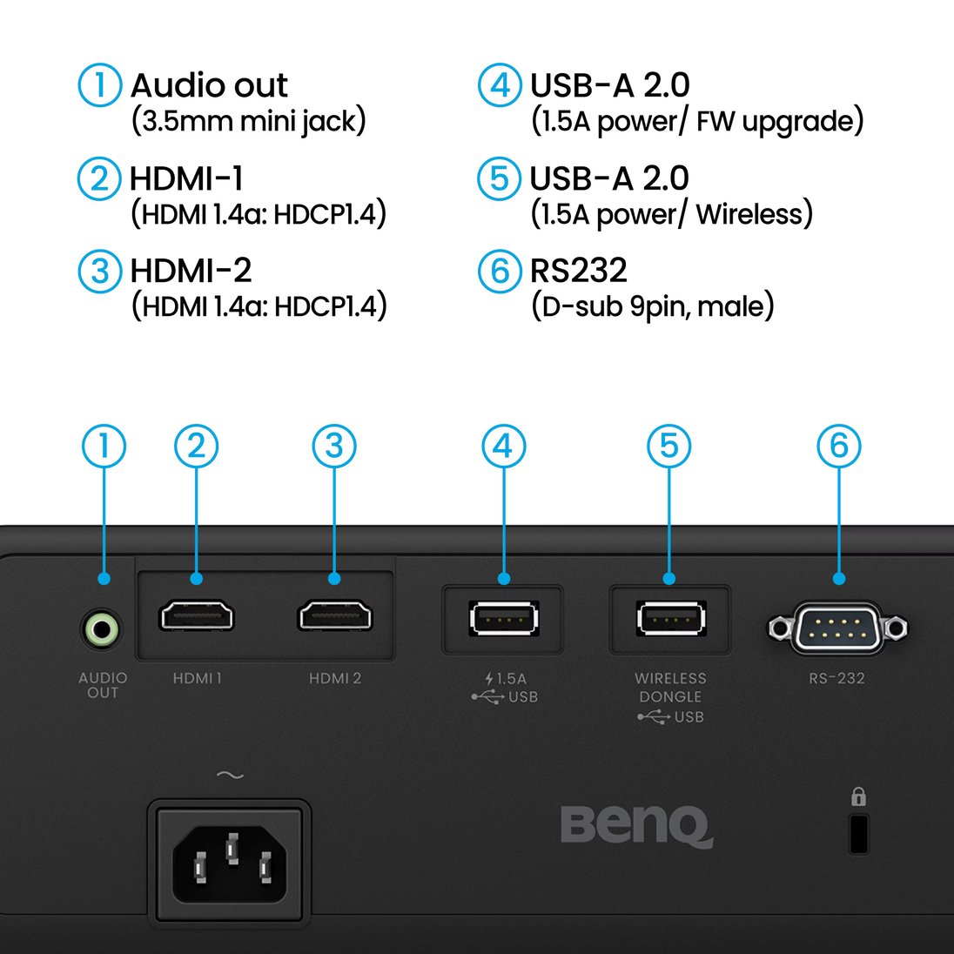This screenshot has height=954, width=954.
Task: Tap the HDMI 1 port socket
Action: (x=196, y=616)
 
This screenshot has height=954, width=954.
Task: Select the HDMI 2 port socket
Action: (x=335, y=616)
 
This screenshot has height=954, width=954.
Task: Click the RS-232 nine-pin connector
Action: (x=837, y=628)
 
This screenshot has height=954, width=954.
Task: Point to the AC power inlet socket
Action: (x=230, y=862)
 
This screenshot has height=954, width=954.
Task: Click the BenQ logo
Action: (x=636, y=824)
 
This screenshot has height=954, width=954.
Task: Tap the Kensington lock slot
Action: (x=858, y=834)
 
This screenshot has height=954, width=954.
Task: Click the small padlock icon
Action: (x=858, y=796)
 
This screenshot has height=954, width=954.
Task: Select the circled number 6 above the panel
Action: (x=838, y=446)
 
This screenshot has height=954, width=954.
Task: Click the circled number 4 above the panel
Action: (x=504, y=446)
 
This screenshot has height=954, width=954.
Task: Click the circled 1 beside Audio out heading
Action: (x=99, y=85)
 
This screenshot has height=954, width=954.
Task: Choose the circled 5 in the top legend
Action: (x=499, y=178)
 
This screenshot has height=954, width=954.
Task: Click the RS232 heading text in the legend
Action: (x=580, y=272)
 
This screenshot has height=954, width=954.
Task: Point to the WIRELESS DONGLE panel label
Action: (x=670, y=687)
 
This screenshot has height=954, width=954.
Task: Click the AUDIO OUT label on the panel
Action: (x=103, y=685)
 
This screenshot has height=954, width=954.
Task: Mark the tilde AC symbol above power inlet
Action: (x=230, y=775)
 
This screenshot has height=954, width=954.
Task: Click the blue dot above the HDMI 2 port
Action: (x=335, y=579)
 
